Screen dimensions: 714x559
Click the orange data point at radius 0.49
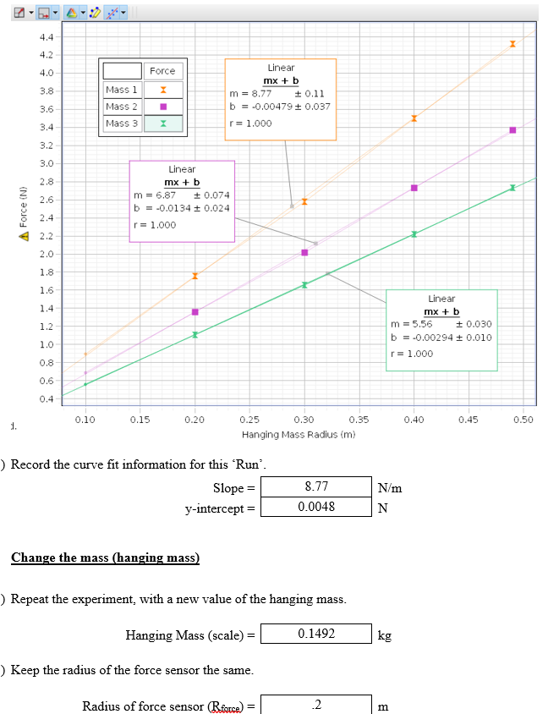(512, 43)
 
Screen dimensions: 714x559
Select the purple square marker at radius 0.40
(414, 187)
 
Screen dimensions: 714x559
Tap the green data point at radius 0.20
(195, 334)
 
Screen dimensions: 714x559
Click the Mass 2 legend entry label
(122, 107)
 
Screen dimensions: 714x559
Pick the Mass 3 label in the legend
(122, 124)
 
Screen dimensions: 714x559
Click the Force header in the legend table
(162, 71)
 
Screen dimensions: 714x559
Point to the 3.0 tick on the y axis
(47, 163)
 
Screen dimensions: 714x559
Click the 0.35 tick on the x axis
(359, 419)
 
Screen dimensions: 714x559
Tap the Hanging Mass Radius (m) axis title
(299, 434)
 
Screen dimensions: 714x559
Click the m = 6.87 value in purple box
(155, 195)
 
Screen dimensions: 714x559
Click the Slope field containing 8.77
(315, 487)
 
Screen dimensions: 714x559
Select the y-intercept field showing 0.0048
(315, 508)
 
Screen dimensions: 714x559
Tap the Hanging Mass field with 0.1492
(315, 634)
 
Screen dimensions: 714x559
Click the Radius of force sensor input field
(315, 705)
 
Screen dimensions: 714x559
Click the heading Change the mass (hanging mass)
(105, 557)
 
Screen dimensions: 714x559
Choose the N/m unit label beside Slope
(390, 488)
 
